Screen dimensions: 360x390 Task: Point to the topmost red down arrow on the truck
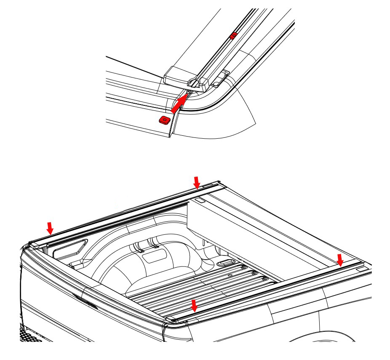(196, 182)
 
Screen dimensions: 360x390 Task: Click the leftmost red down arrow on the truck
(50, 228)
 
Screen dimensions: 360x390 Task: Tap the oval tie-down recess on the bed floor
(224, 263)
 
